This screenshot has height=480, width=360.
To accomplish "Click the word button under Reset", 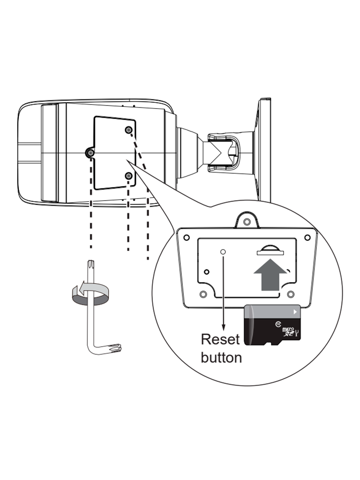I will (x=221, y=357).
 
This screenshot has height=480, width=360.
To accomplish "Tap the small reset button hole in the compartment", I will (x=223, y=252).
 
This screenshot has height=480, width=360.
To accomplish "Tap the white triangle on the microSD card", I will (x=294, y=311).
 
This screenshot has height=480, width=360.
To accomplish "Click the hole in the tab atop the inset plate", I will (x=247, y=220).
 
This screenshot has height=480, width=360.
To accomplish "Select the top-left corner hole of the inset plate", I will (x=187, y=237).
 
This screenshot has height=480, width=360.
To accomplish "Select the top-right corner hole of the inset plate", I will (x=307, y=237).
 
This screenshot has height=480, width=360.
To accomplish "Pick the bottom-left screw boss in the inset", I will (x=203, y=294).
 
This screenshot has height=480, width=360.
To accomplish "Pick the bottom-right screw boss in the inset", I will (x=291, y=294).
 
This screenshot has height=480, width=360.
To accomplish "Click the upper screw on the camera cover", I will (x=128, y=130).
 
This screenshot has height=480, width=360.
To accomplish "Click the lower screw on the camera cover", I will (x=128, y=176).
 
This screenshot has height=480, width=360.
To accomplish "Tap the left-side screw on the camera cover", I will (x=90, y=152).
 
